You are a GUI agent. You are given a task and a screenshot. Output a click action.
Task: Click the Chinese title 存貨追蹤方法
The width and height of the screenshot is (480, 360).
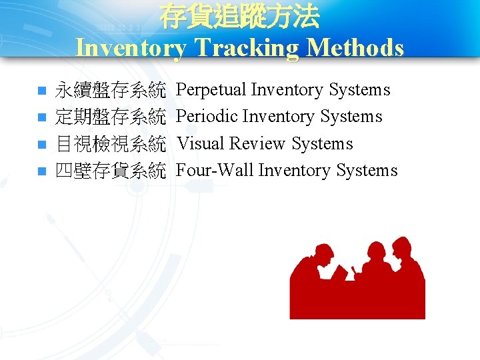[x=239, y=17]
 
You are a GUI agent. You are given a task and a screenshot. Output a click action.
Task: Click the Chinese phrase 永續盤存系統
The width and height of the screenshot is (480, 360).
[x=110, y=90]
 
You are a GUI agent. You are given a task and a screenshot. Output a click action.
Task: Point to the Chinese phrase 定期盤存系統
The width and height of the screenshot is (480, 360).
[x=110, y=117]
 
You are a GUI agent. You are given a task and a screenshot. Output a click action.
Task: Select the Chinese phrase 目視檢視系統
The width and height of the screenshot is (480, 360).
[x=110, y=144]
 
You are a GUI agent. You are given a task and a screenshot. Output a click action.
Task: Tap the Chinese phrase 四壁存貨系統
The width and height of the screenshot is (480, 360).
[x=110, y=171]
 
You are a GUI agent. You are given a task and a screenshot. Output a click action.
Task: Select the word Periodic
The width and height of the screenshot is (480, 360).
[x=207, y=117]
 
